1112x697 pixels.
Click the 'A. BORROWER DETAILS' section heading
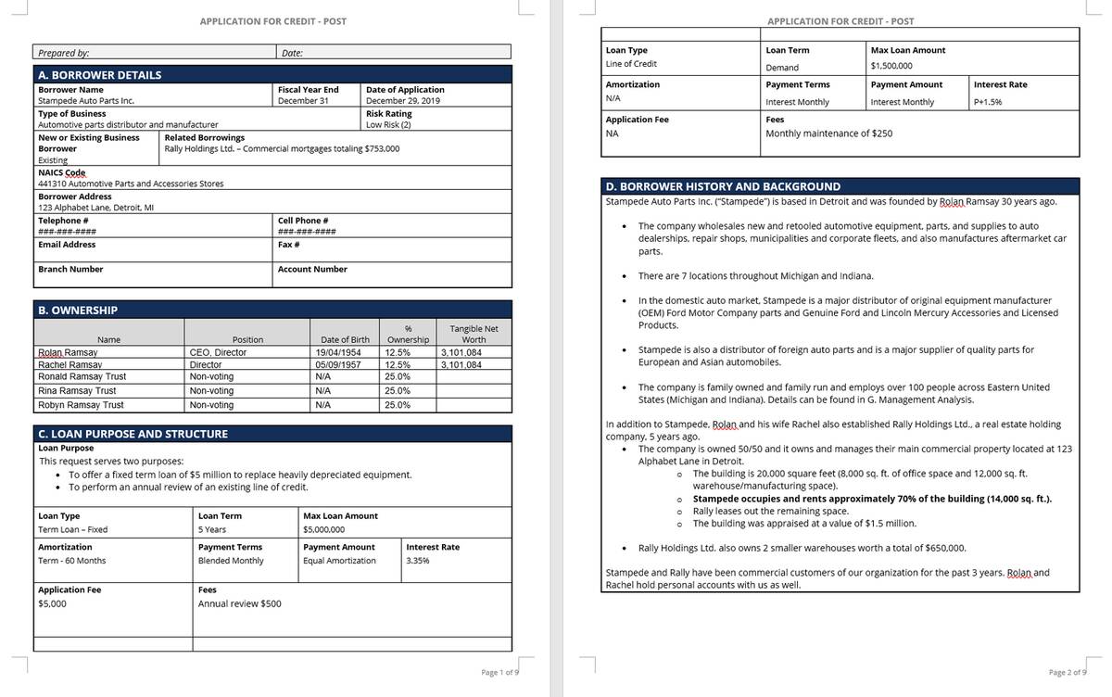tap(99, 75)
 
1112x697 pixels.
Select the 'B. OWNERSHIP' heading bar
tap(78, 310)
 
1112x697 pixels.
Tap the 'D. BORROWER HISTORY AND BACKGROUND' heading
tap(722, 186)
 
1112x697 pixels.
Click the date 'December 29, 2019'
tap(403, 100)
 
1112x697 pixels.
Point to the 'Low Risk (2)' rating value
tap(388, 124)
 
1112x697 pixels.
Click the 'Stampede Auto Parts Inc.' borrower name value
tap(86, 100)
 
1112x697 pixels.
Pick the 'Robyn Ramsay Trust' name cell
tap(81, 405)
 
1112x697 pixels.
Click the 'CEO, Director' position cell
tap(218, 353)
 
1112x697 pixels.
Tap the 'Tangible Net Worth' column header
tap(474, 334)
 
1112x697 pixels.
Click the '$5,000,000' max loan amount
tap(323, 529)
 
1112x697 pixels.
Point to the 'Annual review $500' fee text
tap(240, 604)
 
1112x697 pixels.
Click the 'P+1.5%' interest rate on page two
tap(988, 102)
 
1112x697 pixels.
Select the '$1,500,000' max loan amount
tap(891, 66)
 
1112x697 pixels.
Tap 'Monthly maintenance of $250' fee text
tap(828, 133)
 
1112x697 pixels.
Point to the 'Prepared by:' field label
tap(64, 53)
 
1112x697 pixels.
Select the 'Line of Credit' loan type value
tap(631, 64)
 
